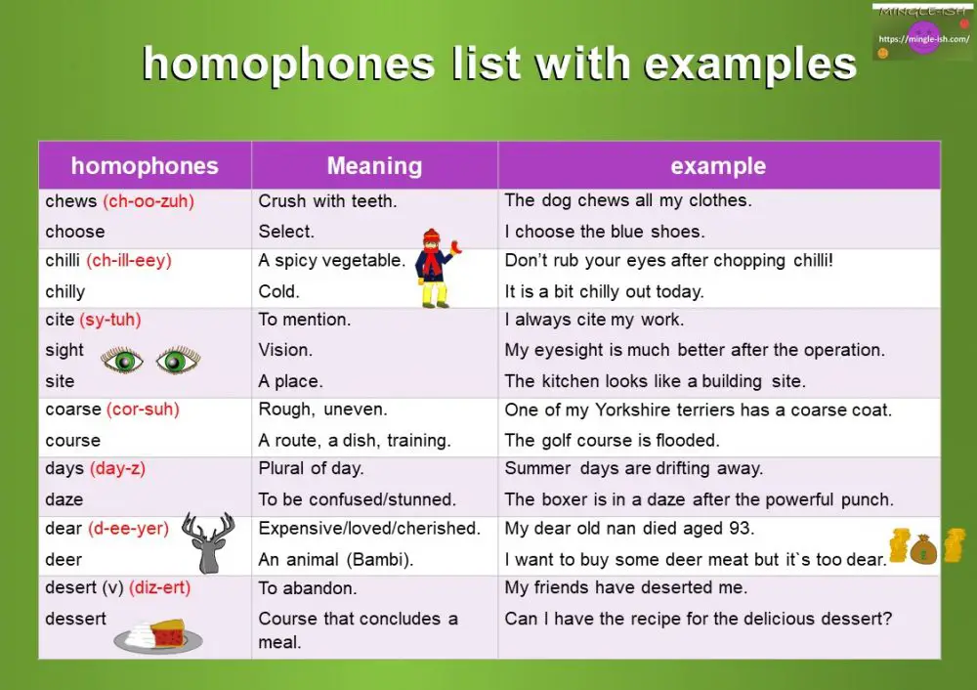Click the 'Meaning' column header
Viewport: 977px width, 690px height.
tap(374, 166)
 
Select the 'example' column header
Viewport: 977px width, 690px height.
tap(718, 166)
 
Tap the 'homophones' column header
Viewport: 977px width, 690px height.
tap(145, 166)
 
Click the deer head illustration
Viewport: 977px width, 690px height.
tap(208, 543)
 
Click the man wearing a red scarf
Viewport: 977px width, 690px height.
tap(433, 268)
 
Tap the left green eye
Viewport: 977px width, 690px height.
tap(122, 361)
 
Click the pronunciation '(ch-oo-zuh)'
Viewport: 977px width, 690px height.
tap(149, 201)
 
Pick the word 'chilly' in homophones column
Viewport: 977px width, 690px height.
tap(65, 291)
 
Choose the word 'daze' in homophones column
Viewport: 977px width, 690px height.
tap(64, 499)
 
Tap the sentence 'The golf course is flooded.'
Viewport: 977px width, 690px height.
tap(612, 440)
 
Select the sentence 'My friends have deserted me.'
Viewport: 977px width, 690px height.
tap(625, 587)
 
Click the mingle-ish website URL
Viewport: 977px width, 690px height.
tap(923, 39)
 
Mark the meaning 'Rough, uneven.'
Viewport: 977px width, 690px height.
tap(322, 410)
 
